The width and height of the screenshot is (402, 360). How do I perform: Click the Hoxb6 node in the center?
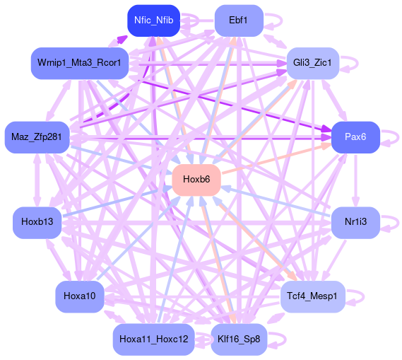click(x=196, y=180)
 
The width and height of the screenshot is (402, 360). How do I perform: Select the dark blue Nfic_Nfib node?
click(x=153, y=21)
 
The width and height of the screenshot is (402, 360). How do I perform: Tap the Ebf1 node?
click(x=239, y=21)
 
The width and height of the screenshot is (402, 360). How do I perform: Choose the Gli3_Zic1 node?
click(x=313, y=63)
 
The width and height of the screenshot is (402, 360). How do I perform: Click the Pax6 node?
click(x=355, y=137)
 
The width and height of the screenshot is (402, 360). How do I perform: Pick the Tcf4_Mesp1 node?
click(x=313, y=296)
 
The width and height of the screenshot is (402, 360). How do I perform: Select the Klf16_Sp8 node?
click(x=239, y=339)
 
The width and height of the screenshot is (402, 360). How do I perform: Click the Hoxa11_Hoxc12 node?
click(x=153, y=339)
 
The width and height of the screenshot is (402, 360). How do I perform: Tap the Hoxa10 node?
click(x=80, y=296)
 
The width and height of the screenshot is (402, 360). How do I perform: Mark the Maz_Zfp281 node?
click(x=37, y=137)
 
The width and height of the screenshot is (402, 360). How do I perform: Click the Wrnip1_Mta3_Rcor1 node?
click(x=80, y=63)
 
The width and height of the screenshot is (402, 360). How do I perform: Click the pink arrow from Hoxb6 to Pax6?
click(x=276, y=158)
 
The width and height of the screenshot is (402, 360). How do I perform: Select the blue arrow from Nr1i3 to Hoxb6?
click(x=276, y=201)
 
